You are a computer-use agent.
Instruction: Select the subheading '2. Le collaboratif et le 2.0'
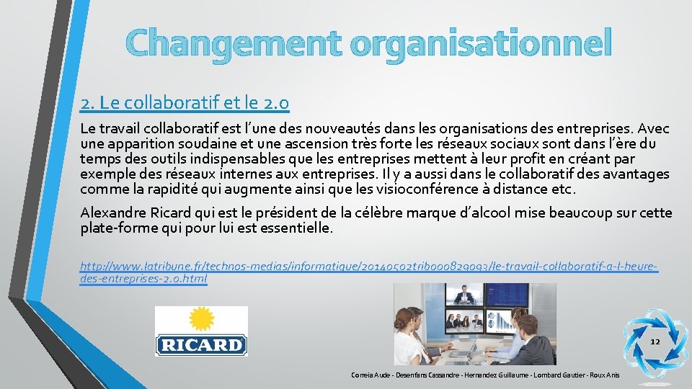[185, 104]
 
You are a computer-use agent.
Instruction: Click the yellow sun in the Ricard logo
[201, 318]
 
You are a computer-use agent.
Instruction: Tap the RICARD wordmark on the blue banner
[201, 344]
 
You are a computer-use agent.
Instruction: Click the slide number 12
[655, 341]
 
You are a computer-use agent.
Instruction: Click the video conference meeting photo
[474, 323]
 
